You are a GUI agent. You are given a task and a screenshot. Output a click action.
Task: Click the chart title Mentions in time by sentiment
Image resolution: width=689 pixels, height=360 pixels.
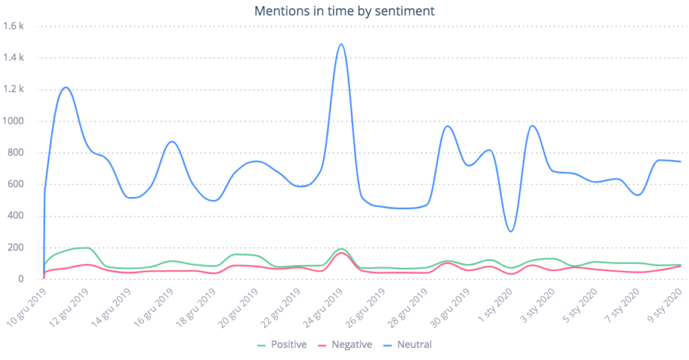click(344, 11)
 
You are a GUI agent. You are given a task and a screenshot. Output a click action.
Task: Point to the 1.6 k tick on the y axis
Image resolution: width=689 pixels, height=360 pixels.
click(13, 26)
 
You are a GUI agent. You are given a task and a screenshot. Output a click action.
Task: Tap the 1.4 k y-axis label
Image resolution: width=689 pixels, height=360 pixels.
click(13, 58)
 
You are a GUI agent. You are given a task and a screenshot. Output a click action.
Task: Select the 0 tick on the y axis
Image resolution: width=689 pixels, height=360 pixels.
click(22, 279)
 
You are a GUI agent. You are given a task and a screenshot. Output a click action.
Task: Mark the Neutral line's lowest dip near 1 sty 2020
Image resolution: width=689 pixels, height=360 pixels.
click(511, 231)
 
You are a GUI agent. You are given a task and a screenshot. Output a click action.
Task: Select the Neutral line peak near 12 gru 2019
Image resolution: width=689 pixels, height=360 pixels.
click(66, 87)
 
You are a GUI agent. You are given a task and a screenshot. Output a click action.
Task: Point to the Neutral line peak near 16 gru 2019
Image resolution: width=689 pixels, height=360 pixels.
click(172, 141)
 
